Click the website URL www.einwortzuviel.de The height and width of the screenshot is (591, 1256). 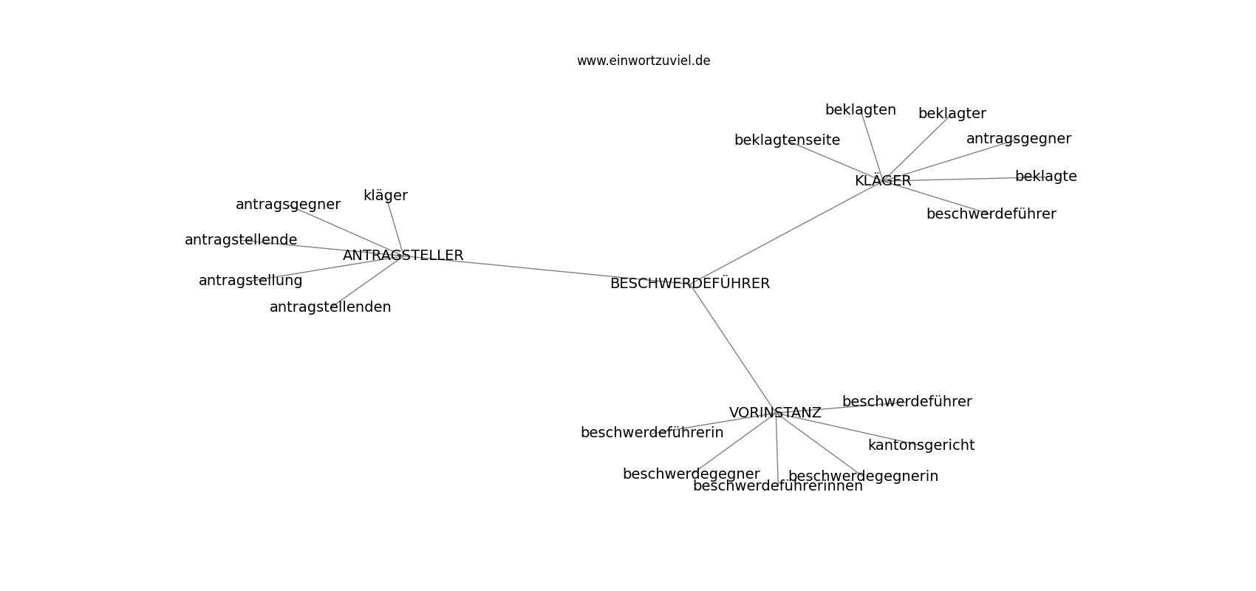(643, 61)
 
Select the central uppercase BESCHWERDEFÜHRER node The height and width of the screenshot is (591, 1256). (689, 283)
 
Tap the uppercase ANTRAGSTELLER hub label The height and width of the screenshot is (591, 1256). (403, 255)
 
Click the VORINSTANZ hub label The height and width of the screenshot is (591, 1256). (775, 413)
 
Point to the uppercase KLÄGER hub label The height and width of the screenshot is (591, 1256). (883, 180)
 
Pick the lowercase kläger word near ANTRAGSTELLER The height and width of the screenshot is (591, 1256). (385, 195)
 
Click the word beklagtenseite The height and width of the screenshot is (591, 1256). (788, 140)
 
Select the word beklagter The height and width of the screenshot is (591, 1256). (952, 113)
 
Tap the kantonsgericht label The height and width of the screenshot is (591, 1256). (921, 445)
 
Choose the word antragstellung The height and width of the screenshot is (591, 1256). (250, 281)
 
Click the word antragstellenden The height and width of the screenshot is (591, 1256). (330, 307)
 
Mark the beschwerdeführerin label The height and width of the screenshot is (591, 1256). (652, 432)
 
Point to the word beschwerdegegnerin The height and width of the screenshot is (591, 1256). (863, 476)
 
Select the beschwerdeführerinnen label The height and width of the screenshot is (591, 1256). (778, 485)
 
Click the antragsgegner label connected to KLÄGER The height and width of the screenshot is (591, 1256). (1018, 138)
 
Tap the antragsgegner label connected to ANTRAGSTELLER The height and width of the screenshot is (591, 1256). (287, 205)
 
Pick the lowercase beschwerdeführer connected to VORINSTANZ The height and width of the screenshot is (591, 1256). (907, 401)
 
